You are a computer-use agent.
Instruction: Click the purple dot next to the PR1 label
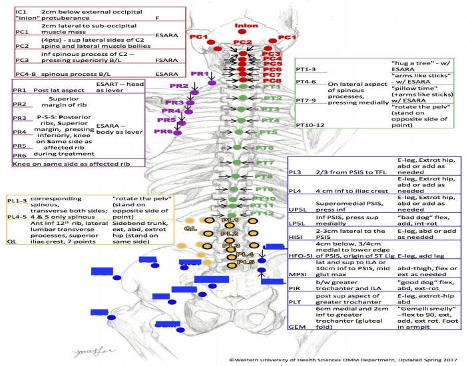tap(212, 83)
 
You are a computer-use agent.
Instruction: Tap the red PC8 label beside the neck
tap(271, 81)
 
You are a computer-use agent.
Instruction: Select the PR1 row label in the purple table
tap(20, 89)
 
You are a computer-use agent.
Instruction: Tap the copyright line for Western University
tap(345, 359)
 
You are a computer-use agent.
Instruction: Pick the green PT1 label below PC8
tap(271, 87)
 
